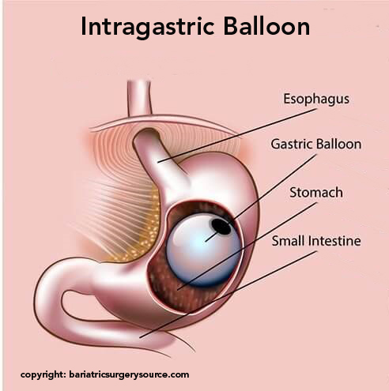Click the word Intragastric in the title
[x=147, y=28]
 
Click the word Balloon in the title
[x=266, y=26]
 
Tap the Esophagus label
[x=316, y=100]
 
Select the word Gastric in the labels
[x=292, y=145]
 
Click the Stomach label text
[x=316, y=193]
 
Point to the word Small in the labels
[x=289, y=241]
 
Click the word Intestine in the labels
[x=334, y=241]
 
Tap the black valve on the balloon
[x=221, y=227]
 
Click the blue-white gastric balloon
[x=203, y=250]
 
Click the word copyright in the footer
[x=43, y=374]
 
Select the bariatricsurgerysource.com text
[x=129, y=375]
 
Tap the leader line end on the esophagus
[x=158, y=162]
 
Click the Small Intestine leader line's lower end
[x=140, y=337]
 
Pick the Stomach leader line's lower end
[x=177, y=290]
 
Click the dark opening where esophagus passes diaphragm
[x=148, y=132]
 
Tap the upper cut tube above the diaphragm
[x=139, y=97]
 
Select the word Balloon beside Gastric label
[x=338, y=145]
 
